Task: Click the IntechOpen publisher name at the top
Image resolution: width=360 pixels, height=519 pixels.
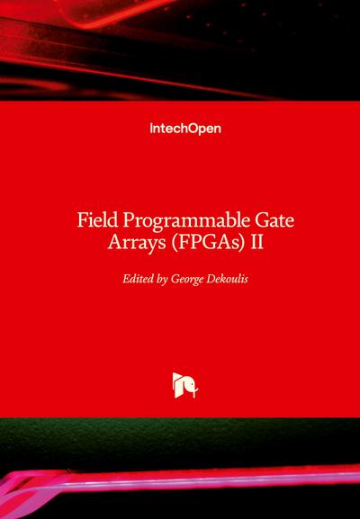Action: (184, 129)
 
